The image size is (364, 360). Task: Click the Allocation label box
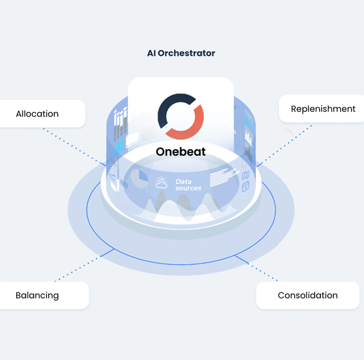pos(42,114)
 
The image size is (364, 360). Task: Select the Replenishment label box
pos(322,109)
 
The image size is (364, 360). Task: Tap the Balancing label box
pos(44,296)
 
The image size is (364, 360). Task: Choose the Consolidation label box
pos(308,296)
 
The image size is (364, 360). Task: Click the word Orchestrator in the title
pos(187,53)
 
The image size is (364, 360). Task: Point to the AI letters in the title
pos(151,53)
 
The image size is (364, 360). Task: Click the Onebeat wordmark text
pos(181,152)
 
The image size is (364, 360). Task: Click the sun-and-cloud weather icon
pos(161,182)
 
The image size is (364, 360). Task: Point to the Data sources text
pos(189,185)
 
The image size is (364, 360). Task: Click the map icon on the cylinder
pos(245,175)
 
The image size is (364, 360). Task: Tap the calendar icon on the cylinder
pos(246,187)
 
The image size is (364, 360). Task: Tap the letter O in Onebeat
pos(160,152)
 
